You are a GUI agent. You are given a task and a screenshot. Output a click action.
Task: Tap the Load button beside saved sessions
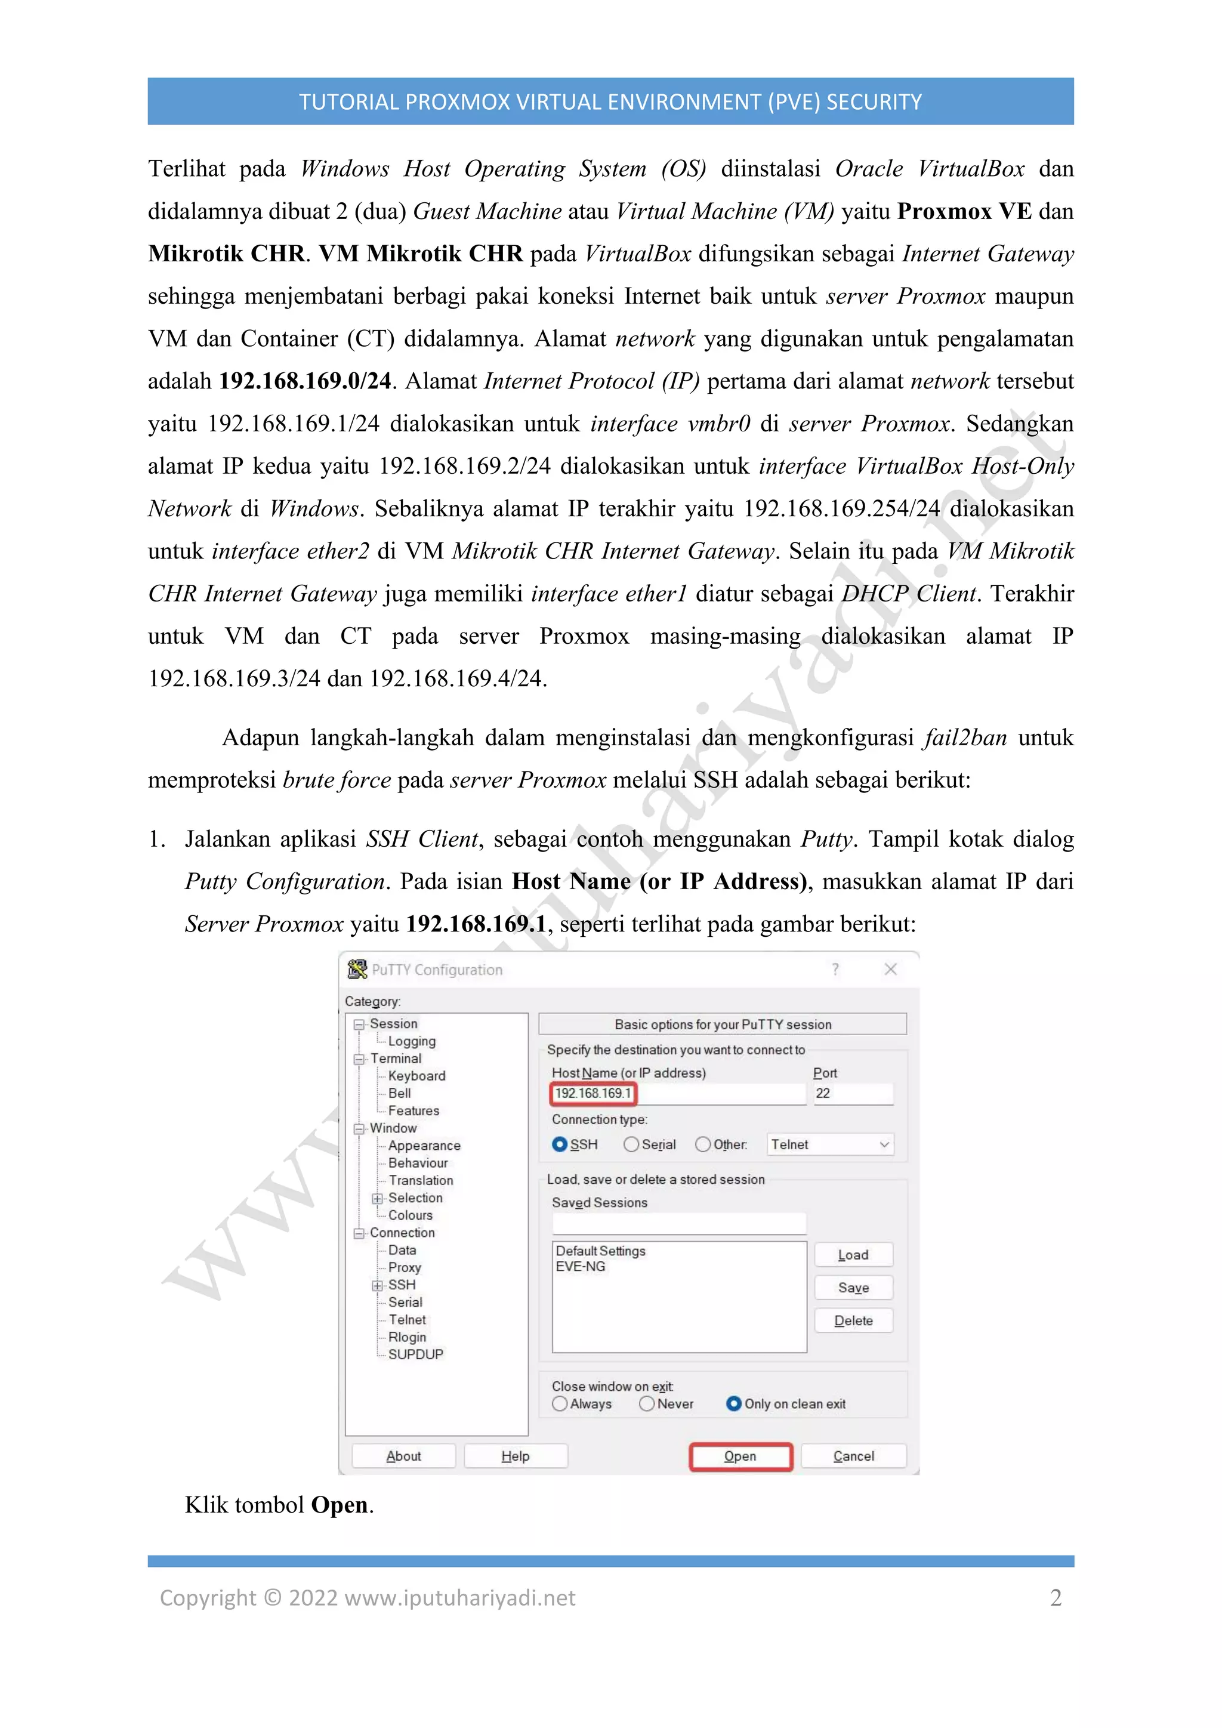pyautogui.click(x=853, y=1255)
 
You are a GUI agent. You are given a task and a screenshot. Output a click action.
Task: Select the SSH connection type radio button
pyautogui.click(x=560, y=1144)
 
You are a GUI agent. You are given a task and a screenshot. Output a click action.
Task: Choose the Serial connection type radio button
pyautogui.click(x=631, y=1144)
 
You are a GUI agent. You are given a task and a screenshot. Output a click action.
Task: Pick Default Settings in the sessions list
pyautogui.click(x=600, y=1250)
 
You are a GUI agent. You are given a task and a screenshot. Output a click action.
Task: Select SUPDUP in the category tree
pyautogui.click(x=415, y=1354)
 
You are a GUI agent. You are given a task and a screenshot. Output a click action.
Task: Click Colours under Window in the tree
pyautogui.click(x=410, y=1215)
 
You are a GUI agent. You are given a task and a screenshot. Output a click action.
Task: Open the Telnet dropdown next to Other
pyautogui.click(x=829, y=1144)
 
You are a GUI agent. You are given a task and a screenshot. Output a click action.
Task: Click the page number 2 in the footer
pyautogui.click(x=1055, y=1597)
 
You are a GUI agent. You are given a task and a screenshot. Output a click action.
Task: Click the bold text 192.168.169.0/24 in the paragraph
pyautogui.click(x=305, y=381)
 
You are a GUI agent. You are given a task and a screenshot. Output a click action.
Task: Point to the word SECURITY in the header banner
pyautogui.click(x=874, y=101)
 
